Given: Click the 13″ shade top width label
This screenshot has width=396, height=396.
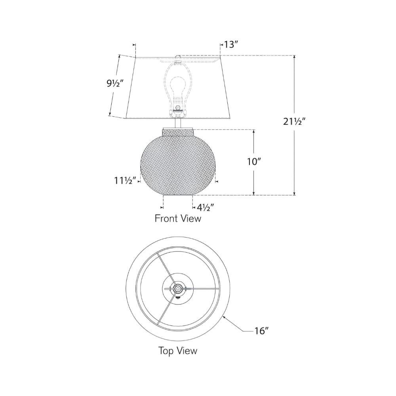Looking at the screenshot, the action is pyautogui.click(x=231, y=45).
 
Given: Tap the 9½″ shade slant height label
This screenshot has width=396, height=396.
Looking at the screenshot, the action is pyautogui.click(x=115, y=83).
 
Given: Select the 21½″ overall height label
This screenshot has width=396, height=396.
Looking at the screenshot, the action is pyautogui.click(x=294, y=122).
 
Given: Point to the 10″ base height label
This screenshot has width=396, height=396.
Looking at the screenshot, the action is pyautogui.click(x=254, y=162).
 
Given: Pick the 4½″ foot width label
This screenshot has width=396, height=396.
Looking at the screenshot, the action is pyautogui.click(x=205, y=208).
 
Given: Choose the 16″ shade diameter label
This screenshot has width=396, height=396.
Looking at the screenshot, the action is pyautogui.click(x=261, y=331).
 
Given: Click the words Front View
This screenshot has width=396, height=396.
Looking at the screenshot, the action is pyautogui.click(x=178, y=219).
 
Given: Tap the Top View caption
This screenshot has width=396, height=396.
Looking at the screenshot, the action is pyautogui.click(x=178, y=350).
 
